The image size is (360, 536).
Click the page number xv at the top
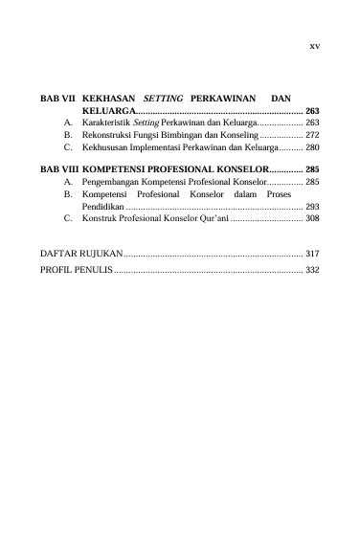tap(314, 45)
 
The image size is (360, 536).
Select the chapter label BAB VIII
tap(58, 167)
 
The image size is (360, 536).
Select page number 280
tap(312, 150)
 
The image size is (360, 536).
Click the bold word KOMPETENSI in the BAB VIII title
tap(121, 167)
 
